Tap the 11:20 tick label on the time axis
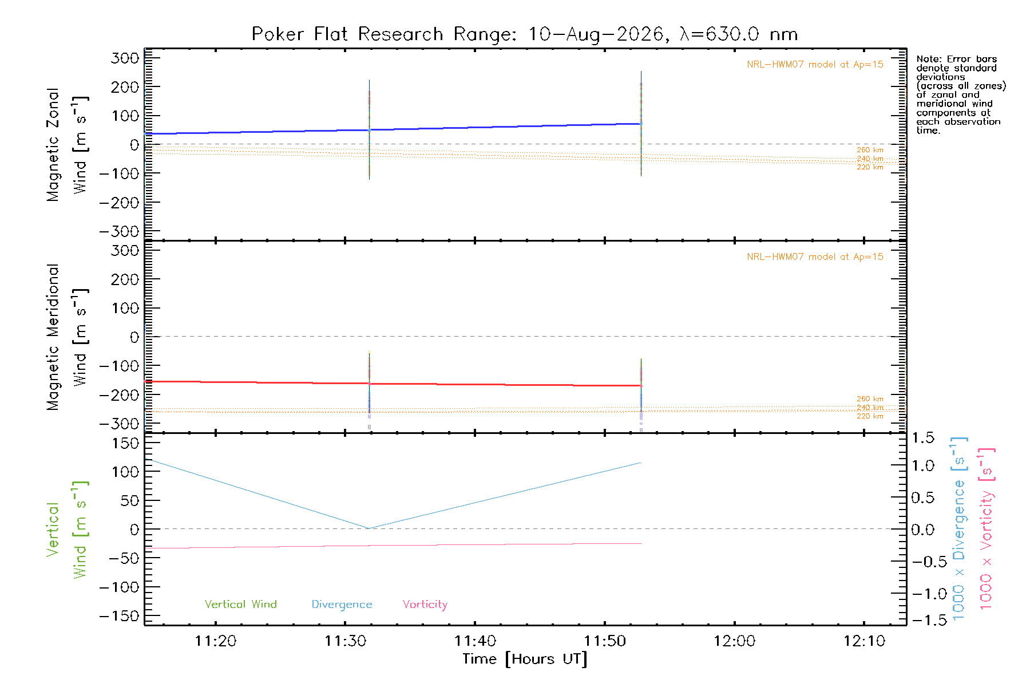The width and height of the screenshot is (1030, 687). click(216, 641)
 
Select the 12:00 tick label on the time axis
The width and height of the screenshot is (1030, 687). click(734, 641)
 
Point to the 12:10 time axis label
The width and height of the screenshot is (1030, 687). click(864, 641)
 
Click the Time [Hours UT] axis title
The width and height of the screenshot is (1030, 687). click(525, 659)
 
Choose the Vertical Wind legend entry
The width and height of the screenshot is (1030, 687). click(241, 604)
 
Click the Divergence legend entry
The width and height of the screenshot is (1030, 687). click(342, 605)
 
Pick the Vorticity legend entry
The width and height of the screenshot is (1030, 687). click(425, 605)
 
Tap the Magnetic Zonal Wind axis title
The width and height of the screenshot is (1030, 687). click(67, 145)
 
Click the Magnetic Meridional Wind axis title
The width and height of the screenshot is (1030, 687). click(67, 337)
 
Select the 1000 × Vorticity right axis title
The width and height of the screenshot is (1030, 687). click(986, 528)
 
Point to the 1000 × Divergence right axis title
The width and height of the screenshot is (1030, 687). click(960, 528)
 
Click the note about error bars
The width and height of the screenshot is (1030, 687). click(961, 94)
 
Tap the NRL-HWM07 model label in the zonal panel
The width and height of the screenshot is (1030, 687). click(815, 64)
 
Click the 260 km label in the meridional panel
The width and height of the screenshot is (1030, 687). click(870, 399)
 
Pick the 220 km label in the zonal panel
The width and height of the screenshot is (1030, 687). click(870, 167)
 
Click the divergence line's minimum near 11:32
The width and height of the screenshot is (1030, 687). click(369, 528)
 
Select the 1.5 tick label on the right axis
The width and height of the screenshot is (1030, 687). click(922, 438)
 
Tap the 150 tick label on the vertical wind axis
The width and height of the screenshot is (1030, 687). click(126, 443)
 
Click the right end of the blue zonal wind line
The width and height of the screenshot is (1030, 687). click(641, 124)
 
